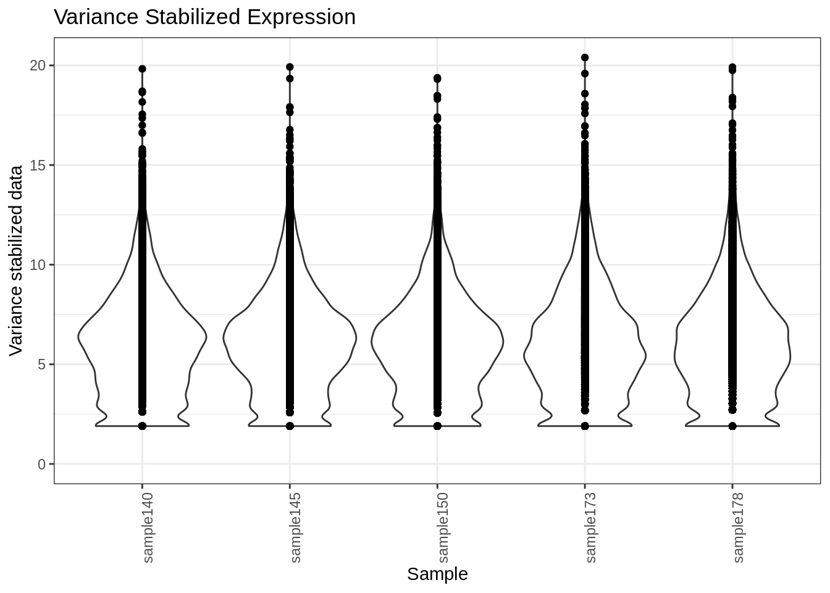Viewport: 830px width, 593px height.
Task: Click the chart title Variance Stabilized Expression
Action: pos(204,17)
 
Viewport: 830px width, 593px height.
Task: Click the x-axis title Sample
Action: pos(437,574)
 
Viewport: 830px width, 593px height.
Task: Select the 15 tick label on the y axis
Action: pos(38,165)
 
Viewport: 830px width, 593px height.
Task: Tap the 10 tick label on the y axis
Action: pos(38,265)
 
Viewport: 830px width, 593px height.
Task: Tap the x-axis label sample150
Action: pos(442,527)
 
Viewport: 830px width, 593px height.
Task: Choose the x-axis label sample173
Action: pos(590,527)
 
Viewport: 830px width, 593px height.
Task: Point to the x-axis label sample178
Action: pos(737,527)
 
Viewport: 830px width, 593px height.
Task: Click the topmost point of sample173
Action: pos(585,57)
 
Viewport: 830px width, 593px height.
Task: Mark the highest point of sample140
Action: pos(142,69)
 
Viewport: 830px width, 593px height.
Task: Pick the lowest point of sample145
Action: pos(290,426)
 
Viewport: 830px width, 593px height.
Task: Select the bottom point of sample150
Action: pos(437,426)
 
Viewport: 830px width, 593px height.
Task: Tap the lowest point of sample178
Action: pos(732,426)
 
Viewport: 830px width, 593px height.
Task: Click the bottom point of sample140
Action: pos(142,426)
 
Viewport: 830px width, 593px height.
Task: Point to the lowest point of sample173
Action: pos(585,426)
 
